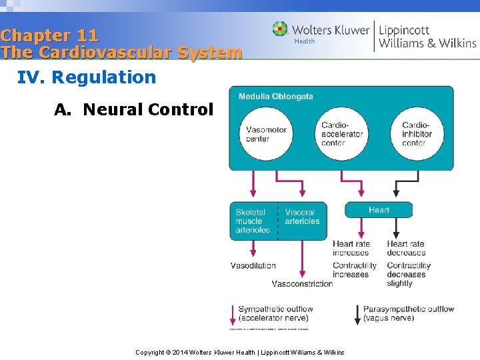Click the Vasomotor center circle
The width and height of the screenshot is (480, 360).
click(x=266, y=134)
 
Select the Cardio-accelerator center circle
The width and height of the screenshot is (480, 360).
click(x=341, y=134)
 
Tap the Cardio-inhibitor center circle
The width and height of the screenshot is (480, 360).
click(x=417, y=134)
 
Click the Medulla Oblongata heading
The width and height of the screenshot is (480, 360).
click(x=275, y=97)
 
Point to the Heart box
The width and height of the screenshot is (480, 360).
click(x=379, y=210)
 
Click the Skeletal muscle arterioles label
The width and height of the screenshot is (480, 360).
click(x=253, y=221)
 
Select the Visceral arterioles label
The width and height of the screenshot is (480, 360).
click(x=302, y=217)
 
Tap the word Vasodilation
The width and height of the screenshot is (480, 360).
click(x=253, y=265)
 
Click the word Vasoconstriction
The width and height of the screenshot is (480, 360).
click(x=302, y=283)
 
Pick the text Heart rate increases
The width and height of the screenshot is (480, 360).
click(x=351, y=248)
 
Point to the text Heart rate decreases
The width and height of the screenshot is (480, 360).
click(x=405, y=248)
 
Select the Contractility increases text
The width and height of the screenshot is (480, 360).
click(x=354, y=270)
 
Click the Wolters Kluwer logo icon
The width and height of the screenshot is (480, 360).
click(x=280, y=29)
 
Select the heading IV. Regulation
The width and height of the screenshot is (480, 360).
click(x=87, y=77)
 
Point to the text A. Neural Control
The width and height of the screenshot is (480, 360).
click(x=133, y=109)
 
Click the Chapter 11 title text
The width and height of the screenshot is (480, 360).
click(x=50, y=35)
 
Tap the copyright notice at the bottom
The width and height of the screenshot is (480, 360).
click(x=240, y=352)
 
